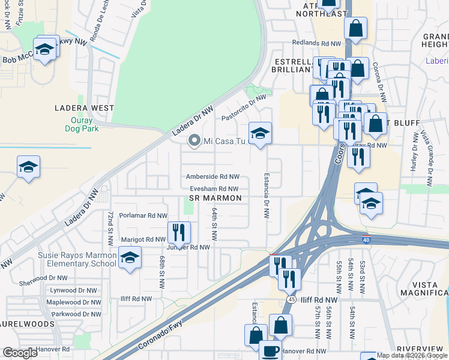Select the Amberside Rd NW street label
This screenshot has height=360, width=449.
tap(213, 177)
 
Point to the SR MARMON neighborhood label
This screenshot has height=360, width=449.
tap(215, 198)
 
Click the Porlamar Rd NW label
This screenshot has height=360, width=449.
tap(143, 215)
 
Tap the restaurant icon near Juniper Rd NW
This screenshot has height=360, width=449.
tap(179, 232)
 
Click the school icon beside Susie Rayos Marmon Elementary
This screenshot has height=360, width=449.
tap(130, 258)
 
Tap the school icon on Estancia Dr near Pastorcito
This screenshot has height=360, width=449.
tap(260, 134)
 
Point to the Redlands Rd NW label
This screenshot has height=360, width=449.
tap(316, 43)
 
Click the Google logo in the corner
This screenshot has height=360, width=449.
tap(20, 353)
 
